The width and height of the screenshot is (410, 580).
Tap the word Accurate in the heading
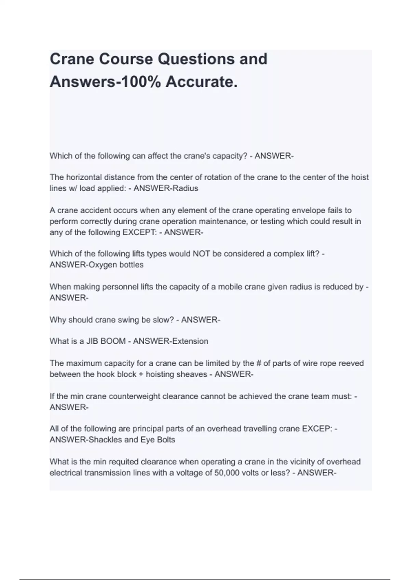(x=201, y=82)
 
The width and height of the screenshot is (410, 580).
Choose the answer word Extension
(x=190, y=341)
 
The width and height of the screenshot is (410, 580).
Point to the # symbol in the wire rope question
(x=258, y=363)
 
